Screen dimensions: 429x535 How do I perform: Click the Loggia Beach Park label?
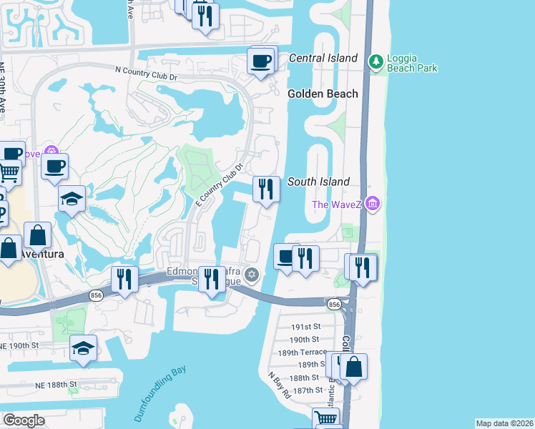pos(412,62)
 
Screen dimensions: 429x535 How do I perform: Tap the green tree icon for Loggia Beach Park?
pos(375,62)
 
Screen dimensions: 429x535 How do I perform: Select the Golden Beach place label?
pos(317,94)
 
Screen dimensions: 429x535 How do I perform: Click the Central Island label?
pos(323,58)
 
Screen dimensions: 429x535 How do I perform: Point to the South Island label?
pos(318,182)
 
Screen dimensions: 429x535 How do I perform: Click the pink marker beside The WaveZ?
pos(371,204)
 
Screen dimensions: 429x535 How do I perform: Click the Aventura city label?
pos(41,254)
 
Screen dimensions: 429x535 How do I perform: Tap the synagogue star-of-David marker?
pos(251,275)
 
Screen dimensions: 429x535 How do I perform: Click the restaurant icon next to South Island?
pos(266,189)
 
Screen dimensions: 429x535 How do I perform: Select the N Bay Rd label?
pos(279,384)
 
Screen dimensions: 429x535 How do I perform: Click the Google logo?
pos(24,420)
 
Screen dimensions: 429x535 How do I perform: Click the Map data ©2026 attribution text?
pos(504,423)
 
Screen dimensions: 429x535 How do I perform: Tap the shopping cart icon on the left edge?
pos(9,172)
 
